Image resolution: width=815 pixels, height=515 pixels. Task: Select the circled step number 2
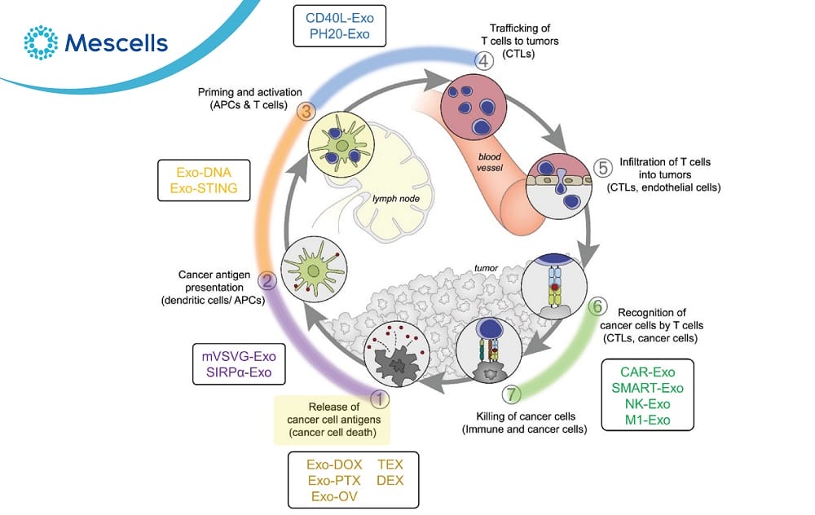(x=267, y=281)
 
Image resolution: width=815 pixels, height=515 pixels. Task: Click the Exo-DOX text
(x=334, y=464)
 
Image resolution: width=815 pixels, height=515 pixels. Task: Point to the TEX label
(x=390, y=464)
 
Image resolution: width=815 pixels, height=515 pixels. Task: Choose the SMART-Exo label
(x=647, y=388)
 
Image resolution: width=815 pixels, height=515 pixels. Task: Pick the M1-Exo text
(x=647, y=420)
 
